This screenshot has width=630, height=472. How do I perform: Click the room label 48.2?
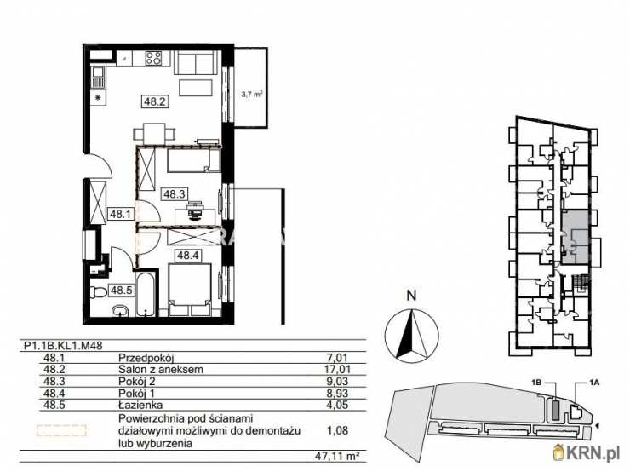(154, 101)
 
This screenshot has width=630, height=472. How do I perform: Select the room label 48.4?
(187, 254)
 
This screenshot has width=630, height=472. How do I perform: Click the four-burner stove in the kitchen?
(154, 59)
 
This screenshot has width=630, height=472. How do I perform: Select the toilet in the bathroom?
(100, 292)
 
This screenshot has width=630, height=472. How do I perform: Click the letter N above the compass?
(411, 296)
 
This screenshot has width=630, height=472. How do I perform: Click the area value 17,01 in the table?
(338, 371)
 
